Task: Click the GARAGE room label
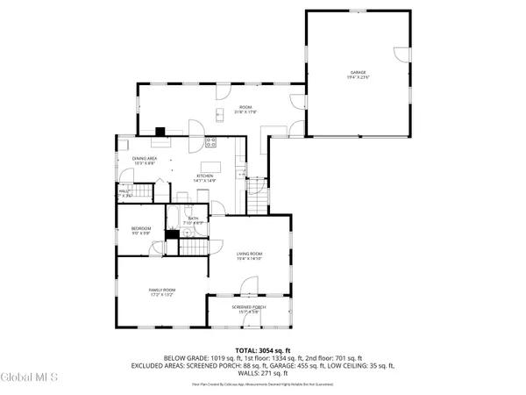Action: point(358,73)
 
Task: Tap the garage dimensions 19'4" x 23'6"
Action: point(358,78)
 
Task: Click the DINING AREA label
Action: point(145,159)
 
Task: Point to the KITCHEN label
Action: point(205,176)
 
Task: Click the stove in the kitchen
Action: point(210,143)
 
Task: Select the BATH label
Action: point(193,219)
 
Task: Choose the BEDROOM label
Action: point(141,229)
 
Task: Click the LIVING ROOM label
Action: point(249,254)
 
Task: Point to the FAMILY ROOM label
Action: point(161,290)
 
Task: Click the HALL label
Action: point(124,191)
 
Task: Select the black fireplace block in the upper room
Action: point(160,133)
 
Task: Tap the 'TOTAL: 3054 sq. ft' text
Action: point(262,350)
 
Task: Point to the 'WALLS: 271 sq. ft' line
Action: point(262,373)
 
